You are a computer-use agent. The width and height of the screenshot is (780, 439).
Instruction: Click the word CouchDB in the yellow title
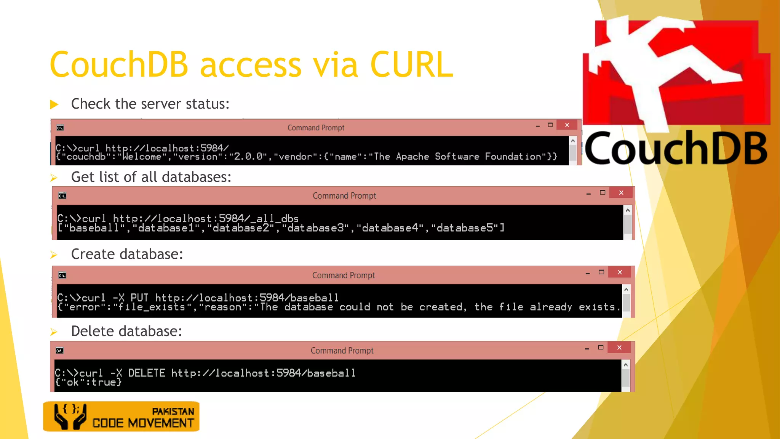pyautogui.click(x=119, y=65)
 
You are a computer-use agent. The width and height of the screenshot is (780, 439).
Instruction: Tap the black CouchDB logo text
pyautogui.click(x=676, y=149)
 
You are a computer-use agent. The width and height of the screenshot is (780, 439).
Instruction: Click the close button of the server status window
pyautogui.click(x=567, y=125)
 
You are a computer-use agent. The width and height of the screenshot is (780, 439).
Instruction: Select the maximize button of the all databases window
pyautogui.click(x=603, y=192)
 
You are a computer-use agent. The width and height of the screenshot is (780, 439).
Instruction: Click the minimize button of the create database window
pyautogui.click(x=588, y=273)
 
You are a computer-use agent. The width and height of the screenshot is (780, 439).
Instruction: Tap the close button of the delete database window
pyautogui.click(x=619, y=348)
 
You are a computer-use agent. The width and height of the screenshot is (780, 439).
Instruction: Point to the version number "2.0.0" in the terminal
pyautogui.click(x=248, y=157)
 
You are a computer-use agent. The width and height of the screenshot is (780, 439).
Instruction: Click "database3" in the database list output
pyautogui.click(x=315, y=228)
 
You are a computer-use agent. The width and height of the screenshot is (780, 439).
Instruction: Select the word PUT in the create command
pyautogui.click(x=139, y=298)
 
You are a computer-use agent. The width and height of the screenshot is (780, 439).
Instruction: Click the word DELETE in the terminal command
pyautogui.click(x=147, y=373)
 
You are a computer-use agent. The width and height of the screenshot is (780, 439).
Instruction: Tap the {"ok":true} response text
pyautogui.click(x=88, y=382)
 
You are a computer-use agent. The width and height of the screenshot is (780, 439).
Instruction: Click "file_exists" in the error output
pyautogui.click(x=152, y=307)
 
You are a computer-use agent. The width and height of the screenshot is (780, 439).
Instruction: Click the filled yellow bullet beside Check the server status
pyautogui.click(x=54, y=104)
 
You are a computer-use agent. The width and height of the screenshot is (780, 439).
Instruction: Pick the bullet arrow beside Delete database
pyautogui.click(x=54, y=332)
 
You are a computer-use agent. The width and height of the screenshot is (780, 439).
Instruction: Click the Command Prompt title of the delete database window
pyautogui.click(x=342, y=351)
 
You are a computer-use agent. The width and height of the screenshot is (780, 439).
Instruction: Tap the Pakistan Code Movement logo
pyautogui.click(x=121, y=417)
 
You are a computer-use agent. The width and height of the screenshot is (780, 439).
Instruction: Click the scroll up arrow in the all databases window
pyautogui.click(x=628, y=210)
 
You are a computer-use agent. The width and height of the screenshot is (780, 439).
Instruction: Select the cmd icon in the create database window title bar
pyautogui.click(x=62, y=276)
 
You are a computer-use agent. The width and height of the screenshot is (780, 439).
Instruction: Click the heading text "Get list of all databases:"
pyautogui.click(x=151, y=177)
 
